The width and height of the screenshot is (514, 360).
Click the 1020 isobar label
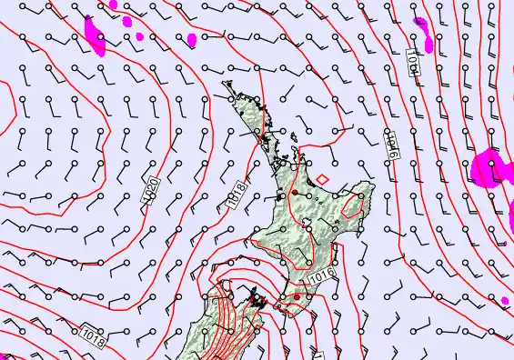click(x=155, y=190)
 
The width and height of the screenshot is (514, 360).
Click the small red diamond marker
click(x=320, y=178)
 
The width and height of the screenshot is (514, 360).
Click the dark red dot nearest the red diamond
click(x=294, y=194)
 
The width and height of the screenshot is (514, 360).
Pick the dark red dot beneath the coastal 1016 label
click(x=297, y=296)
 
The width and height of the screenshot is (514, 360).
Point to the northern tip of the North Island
click(x=225, y=85)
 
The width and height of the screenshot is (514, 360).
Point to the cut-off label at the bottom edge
click(x=317, y=355)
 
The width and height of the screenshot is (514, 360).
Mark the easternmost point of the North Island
click(x=374, y=188)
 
